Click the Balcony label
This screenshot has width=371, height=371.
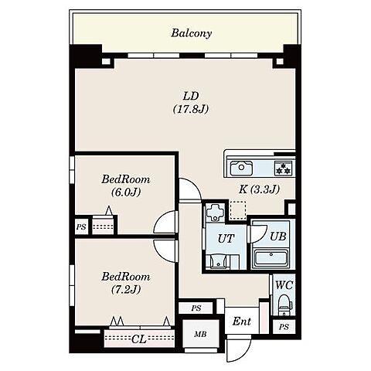192,33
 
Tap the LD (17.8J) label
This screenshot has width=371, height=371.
191,103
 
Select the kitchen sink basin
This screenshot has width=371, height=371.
241,168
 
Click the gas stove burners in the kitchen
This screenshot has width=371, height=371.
284,168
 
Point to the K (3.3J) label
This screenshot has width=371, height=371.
259,189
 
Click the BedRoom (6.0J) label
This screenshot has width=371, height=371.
126,185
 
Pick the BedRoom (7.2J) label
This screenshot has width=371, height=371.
126,283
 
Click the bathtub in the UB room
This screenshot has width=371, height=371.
271,259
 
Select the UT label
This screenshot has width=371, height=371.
226,239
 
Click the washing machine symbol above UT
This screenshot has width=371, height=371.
215,212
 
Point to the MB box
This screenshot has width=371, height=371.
200,334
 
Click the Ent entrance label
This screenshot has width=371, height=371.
242,322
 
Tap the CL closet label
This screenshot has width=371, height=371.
139,339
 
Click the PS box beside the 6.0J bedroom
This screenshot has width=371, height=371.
81,227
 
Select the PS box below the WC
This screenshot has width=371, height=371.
284,327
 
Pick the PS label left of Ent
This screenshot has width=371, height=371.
196,308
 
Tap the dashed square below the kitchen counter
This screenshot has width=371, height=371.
238,210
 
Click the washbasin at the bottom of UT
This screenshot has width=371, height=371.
219,261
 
